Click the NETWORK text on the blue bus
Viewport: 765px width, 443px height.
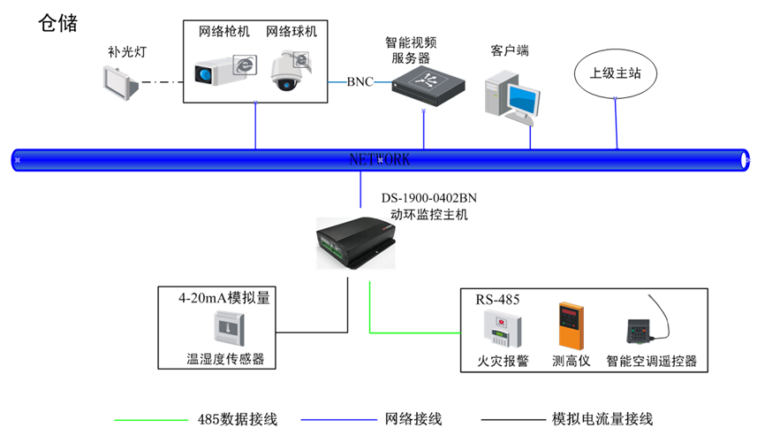click(380, 160)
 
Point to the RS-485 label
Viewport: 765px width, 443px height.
click(498, 299)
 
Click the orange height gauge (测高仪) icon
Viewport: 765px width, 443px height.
click(571, 328)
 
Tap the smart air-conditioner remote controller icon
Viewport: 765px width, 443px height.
click(643, 332)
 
